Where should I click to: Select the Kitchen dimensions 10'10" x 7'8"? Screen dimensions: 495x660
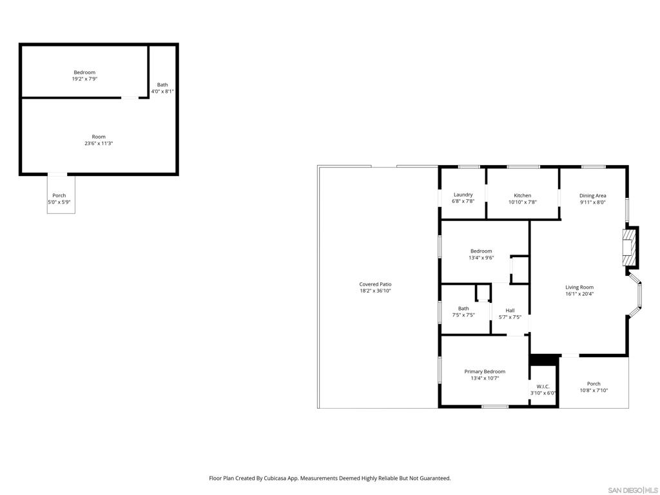coord(522,202)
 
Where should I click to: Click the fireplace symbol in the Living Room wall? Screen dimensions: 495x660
coord(628,247)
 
